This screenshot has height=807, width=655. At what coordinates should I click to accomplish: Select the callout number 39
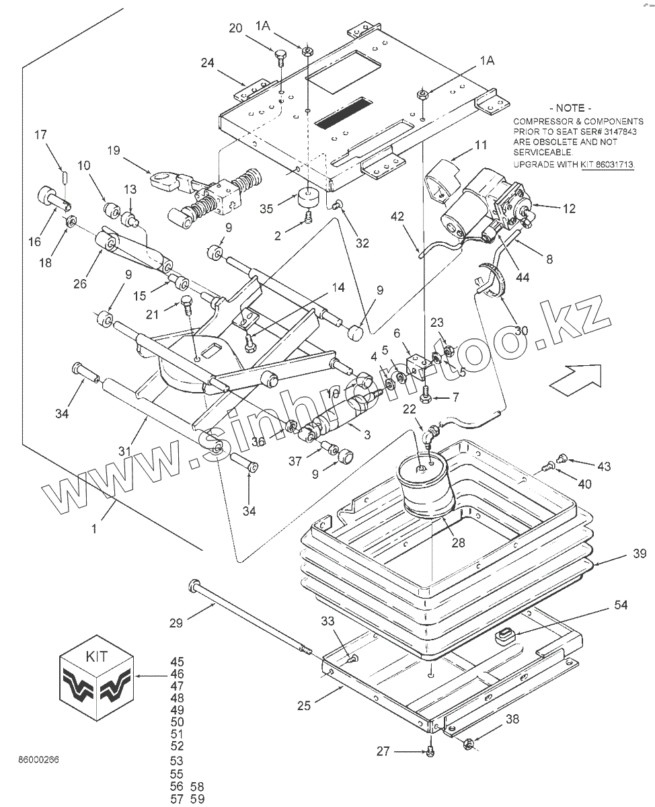coord(639,553)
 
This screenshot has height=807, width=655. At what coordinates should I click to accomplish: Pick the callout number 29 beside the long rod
coord(176,623)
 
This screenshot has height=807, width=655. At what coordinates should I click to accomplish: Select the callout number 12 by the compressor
coord(569,209)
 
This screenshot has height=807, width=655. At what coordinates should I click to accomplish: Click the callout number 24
coord(207,63)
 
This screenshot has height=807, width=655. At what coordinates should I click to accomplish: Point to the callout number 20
coord(235,28)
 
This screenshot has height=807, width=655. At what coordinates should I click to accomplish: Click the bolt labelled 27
coord(431,751)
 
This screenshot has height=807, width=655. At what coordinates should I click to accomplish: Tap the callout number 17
coord(40,134)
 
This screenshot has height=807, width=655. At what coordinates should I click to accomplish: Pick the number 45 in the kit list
coord(177,662)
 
